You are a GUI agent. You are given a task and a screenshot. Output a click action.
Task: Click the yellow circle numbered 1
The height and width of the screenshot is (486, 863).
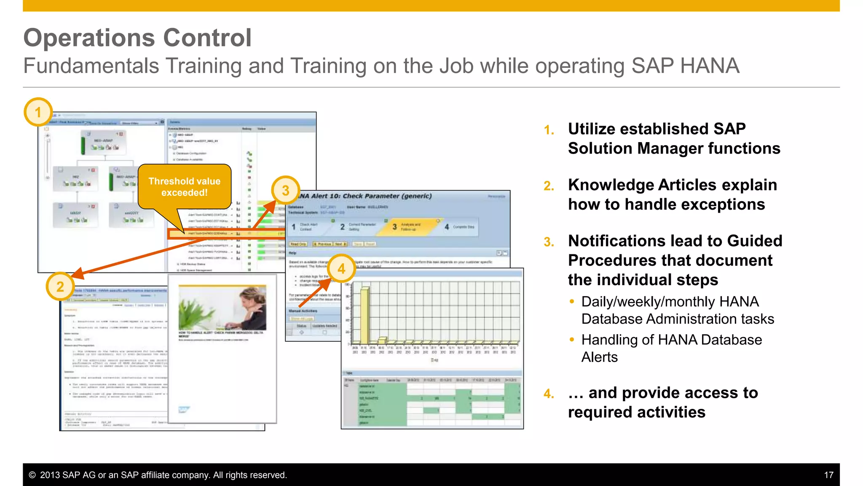[x=38, y=112]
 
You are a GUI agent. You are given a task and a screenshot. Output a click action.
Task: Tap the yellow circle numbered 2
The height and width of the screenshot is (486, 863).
[x=60, y=286]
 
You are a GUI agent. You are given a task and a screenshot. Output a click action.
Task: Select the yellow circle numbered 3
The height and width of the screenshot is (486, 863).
[x=285, y=190]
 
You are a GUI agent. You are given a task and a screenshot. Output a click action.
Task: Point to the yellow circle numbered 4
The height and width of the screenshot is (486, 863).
[x=341, y=268]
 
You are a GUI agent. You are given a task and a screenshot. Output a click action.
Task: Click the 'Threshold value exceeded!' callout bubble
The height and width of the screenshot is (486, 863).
[x=185, y=187]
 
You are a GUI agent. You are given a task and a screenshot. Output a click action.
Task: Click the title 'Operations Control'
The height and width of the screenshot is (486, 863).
[x=137, y=38]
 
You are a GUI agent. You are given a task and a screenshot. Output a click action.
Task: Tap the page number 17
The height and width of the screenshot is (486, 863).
[x=828, y=475]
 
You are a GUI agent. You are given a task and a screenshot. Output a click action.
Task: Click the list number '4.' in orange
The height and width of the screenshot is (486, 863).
[x=549, y=394]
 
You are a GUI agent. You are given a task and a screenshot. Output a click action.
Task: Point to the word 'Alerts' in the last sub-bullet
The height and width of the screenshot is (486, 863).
[x=599, y=357]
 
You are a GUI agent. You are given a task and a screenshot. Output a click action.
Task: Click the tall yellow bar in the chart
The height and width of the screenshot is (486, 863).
[x=364, y=314]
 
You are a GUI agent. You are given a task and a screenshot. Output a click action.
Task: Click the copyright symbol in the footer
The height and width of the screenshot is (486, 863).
[x=32, y=475]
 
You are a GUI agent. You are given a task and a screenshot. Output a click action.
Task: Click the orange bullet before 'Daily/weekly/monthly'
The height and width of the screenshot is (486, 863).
[x=572, y=301]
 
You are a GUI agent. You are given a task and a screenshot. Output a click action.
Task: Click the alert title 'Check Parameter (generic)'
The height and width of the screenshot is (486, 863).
[x=387, y=196]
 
